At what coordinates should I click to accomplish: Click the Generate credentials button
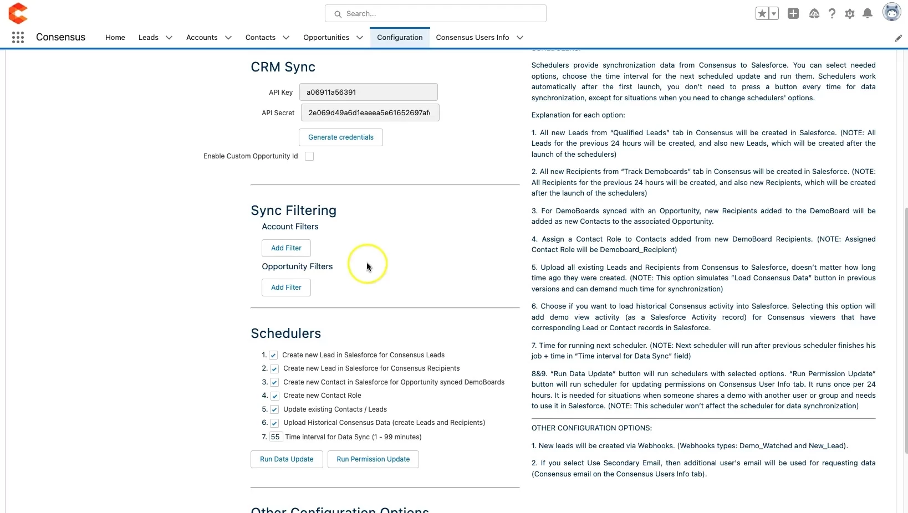(x=340, y=137)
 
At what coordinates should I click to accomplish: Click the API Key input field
(x=368, y=92)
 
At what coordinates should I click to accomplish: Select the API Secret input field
(x=370, y=113)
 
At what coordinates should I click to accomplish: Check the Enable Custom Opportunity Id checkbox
(x=309, y=156)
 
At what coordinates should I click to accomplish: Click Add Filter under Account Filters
(x=286, y=248)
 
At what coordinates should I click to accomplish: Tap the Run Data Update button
(x=287, y=459)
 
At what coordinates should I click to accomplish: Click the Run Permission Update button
(x=373, y=459)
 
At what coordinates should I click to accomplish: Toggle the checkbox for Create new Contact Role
(x=274, y=396)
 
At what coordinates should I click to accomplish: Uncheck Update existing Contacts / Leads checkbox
(x=274, y=409)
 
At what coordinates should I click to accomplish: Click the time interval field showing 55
(x=276, y=437)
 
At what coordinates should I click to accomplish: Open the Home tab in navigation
(x=115, y=38)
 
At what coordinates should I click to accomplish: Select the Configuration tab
(x=400, y=38)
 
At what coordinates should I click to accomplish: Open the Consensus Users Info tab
(x=472, y=38)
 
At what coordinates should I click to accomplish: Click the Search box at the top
(x=436, y=14)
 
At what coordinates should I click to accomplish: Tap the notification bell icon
(x=868, y=14)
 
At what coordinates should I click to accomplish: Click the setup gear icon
(x=850, y=14)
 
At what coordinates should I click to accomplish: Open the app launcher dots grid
(x=18, y=38)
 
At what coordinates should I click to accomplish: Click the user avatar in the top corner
(x=891, y=12)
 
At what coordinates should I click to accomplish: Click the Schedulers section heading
(x=286, y=334)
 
